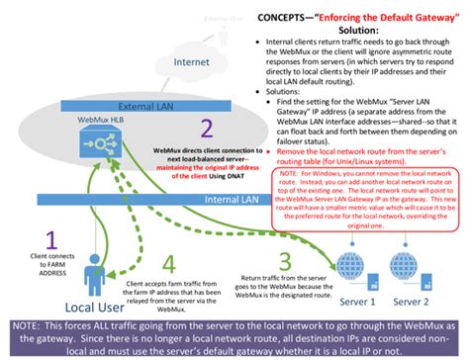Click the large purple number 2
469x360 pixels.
click(206, 128)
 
